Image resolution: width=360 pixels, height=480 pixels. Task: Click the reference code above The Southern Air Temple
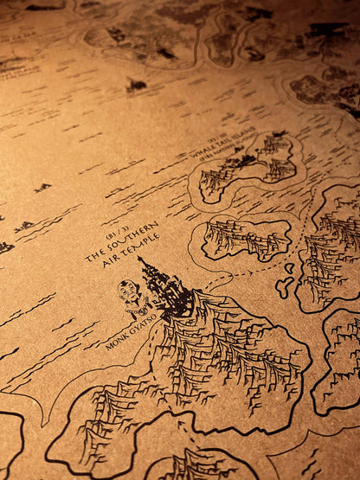pos(117,233)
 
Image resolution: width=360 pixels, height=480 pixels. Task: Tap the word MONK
pos(115,342)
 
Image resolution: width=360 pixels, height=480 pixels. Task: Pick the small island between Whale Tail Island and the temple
pos(247,237)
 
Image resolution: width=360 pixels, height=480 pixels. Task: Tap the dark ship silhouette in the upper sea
pos(136,85)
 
